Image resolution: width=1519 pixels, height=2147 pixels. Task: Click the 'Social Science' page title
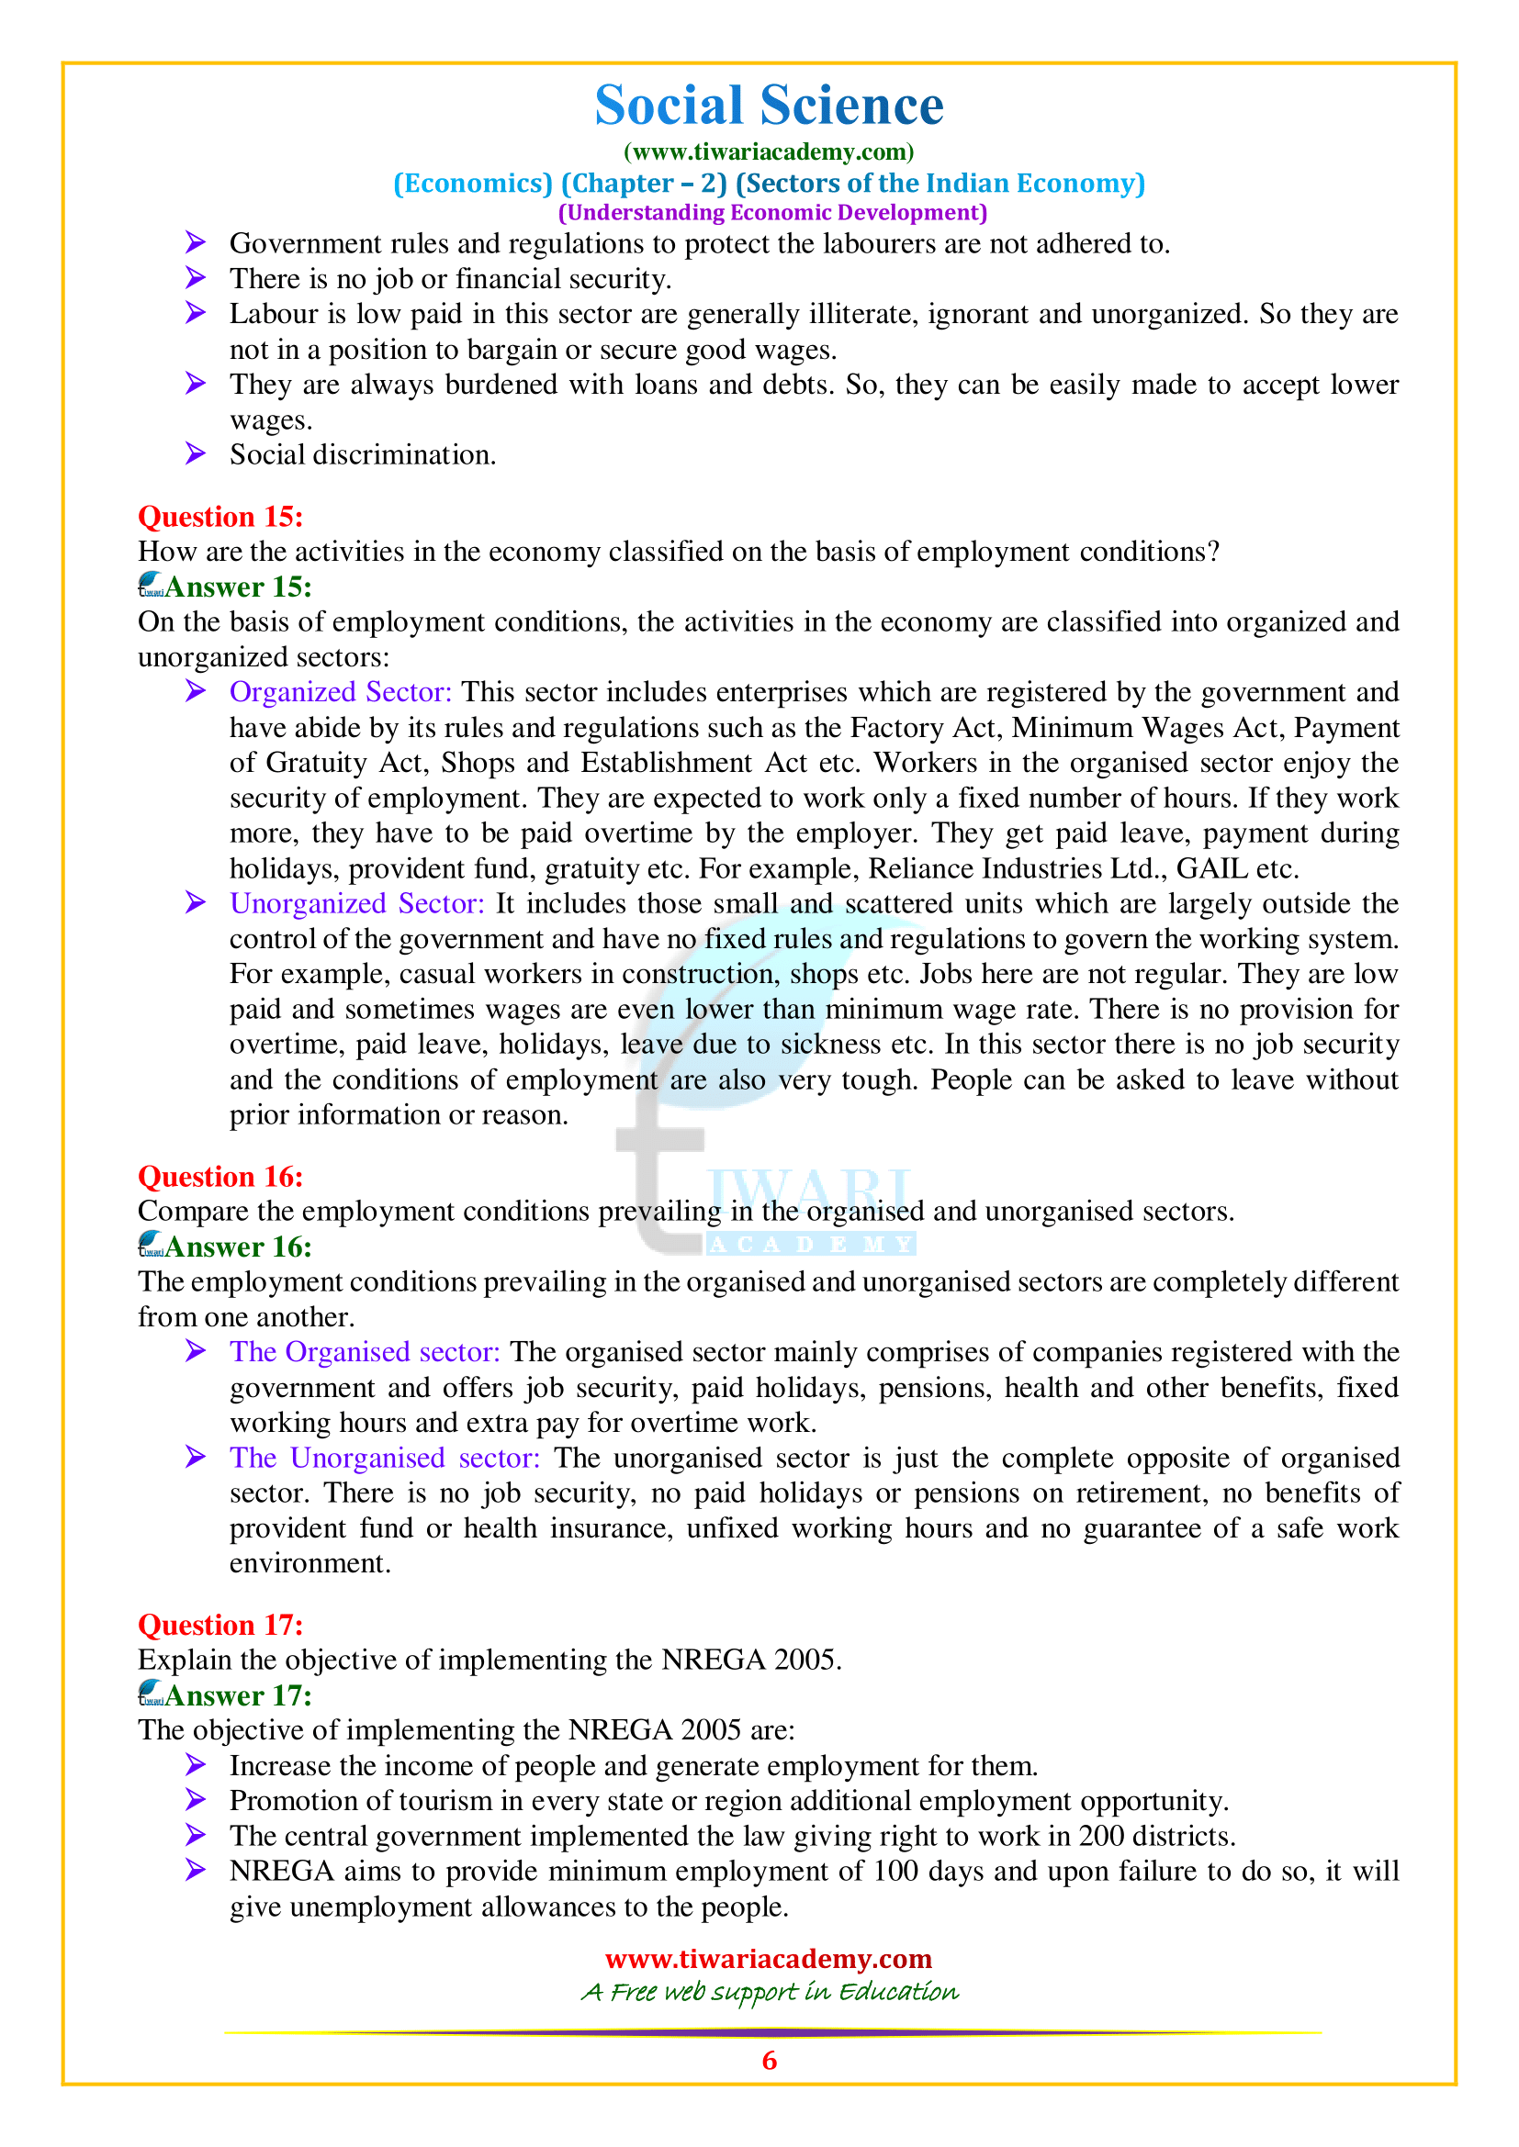769,105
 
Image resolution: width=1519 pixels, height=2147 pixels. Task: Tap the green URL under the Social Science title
769,151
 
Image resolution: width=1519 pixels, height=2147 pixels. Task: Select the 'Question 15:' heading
220,516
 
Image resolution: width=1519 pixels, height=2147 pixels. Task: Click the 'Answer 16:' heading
239,1247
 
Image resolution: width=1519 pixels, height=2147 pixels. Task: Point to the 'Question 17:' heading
220,1625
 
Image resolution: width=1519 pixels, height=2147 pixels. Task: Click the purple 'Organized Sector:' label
341,692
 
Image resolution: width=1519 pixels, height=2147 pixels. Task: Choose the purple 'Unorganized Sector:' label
357,903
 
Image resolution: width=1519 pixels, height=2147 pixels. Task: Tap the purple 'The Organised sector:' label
365,1352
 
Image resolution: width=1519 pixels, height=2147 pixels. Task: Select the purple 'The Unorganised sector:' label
385,1458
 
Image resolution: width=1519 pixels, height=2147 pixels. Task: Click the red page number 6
769,2060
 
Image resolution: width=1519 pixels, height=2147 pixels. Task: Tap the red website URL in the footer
769,1958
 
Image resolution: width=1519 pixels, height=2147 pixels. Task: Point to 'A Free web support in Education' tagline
769,1992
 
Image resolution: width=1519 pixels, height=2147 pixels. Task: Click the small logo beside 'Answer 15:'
151,586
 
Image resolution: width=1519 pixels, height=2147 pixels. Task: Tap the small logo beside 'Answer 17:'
151,1694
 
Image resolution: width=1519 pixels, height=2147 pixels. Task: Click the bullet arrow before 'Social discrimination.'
195,454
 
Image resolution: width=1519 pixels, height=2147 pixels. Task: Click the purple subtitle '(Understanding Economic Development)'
772,213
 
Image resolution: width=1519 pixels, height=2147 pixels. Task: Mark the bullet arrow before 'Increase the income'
195,1765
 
